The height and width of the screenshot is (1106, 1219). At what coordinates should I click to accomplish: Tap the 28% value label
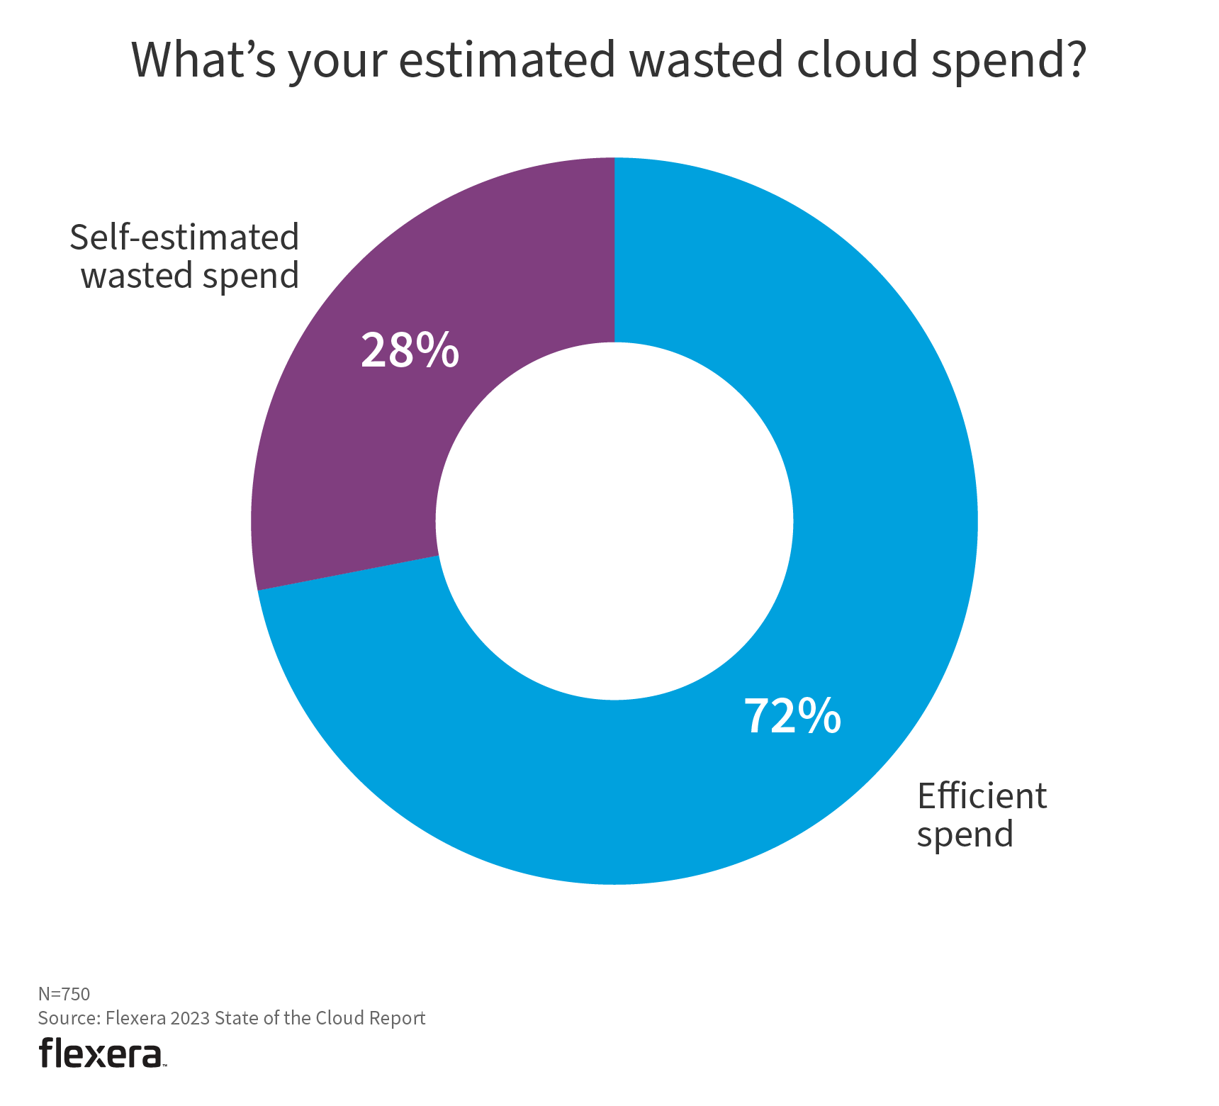click(x=410, y=350)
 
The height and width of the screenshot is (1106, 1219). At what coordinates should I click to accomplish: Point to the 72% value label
click(x=792, y=716)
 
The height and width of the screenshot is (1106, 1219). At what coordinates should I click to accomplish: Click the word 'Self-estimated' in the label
click(x=184, y=238)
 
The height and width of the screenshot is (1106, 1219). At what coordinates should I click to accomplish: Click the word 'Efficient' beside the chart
click(x=982, y=796)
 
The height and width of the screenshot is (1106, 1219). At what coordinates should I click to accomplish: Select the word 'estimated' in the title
click(x=507, y=60)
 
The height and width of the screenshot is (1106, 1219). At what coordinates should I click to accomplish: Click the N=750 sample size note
click(x=64, y=994)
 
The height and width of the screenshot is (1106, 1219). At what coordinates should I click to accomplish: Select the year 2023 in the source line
click(x=190, y=1018)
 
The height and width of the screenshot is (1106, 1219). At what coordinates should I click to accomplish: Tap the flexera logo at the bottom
click(x=101, y=1053)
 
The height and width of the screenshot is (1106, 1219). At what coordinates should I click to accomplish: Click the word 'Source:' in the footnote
click(x=69, y=1018)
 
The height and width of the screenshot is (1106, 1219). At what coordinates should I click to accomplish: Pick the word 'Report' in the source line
click(x=399, y=1018)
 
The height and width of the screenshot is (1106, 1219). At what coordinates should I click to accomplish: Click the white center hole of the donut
click(x=614, y=521)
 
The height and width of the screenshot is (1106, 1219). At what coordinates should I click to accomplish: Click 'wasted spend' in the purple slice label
click(x=190, y=276)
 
